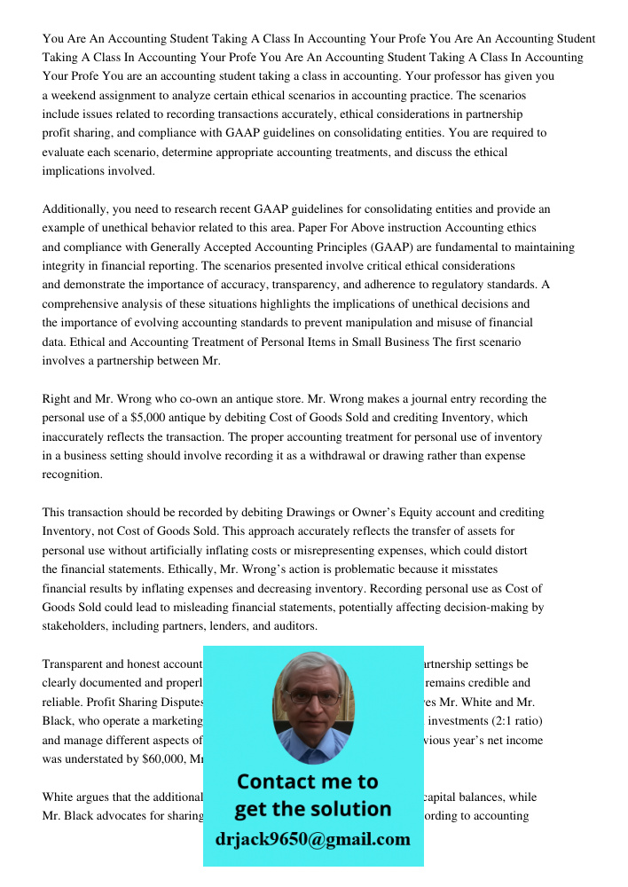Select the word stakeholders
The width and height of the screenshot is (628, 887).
pos(74,626)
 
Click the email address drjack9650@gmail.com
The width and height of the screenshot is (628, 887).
pos(312,839)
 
